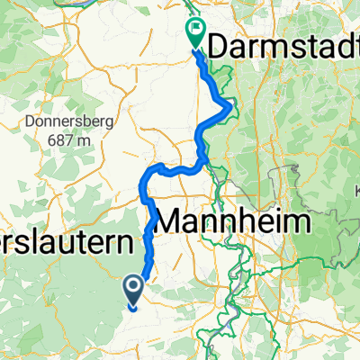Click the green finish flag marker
[195, 32]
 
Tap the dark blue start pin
[133, 289]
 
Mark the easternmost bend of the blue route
[233, 109]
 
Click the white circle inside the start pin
[133, 286]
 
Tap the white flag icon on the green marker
[195, 30]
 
